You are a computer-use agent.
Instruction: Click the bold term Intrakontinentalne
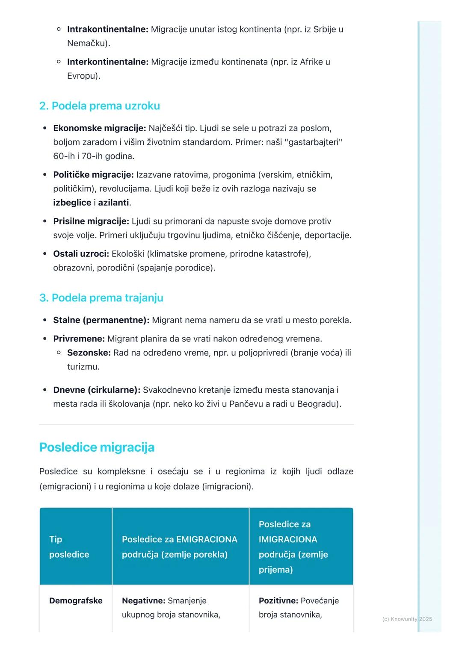point(107,29)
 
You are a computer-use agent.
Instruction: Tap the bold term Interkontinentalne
point(107,62)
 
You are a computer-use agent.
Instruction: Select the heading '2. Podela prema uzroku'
point(99,106)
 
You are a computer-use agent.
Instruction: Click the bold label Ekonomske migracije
point(99,128)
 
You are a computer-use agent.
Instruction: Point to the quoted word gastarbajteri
point(313,142)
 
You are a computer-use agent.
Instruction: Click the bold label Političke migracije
point(93,175)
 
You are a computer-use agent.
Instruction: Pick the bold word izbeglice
point(72,203)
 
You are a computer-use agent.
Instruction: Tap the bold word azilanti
point(113,203)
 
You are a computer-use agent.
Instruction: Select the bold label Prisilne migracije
point(91,221)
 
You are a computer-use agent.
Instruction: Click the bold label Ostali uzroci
point(81,254)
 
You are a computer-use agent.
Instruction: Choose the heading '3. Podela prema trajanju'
point(101,298)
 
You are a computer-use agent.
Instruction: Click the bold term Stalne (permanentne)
point(101,320)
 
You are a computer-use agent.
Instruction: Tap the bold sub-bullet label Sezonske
point(89,353)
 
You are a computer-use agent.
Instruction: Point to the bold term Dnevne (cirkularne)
point(97,390)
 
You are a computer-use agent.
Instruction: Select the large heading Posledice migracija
point(97,447)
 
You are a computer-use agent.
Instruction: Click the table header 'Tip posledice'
point(69,547)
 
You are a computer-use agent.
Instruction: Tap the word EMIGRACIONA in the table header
point(207,539)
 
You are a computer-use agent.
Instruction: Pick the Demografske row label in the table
point(76,601)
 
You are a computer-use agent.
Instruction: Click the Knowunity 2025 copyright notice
point(407,619)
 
